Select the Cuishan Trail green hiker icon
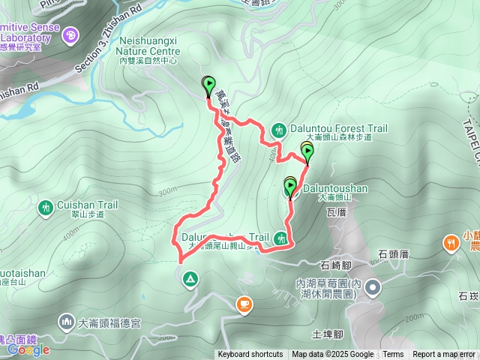pyautogui.click(x=46, y=206)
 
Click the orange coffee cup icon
pyautogui.click(x=244, y=303)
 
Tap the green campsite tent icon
pyautogui.click(x=190, y=280)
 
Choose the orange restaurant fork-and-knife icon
pyautogui.click(x=451, y=242)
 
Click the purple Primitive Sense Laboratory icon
pyautogui.click(x=70, y=34)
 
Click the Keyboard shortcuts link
pyautogui.click(x=250, y=355)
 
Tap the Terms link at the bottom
pyautogui.click(x=393, y=355)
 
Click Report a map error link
pyautogui.click(x=444, y=355)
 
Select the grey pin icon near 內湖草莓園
pyautogui.click(x=374, y=288)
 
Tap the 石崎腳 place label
pyautogui.click(x=335, y=265)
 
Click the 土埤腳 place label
pyautogui.click(x=327, y=334)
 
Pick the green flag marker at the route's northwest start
pyautogui.click(x=209, y=85)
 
